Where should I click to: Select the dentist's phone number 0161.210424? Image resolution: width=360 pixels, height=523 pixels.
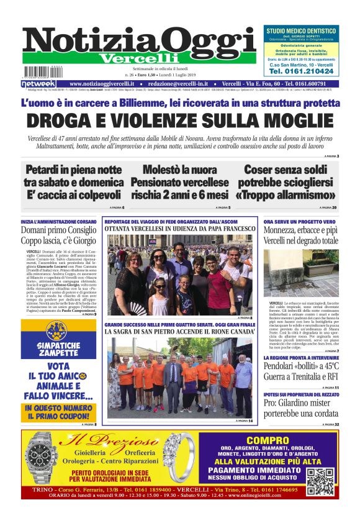(301, 71)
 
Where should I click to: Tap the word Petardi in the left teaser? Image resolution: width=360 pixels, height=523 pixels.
(45, 170)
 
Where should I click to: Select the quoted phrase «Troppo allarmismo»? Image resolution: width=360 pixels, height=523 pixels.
(290, 196)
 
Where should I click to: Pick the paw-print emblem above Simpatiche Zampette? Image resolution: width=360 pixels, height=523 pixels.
(58, 330)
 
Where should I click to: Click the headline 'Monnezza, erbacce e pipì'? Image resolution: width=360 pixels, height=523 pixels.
(300, 231)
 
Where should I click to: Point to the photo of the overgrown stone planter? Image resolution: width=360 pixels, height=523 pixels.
(300, 273)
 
